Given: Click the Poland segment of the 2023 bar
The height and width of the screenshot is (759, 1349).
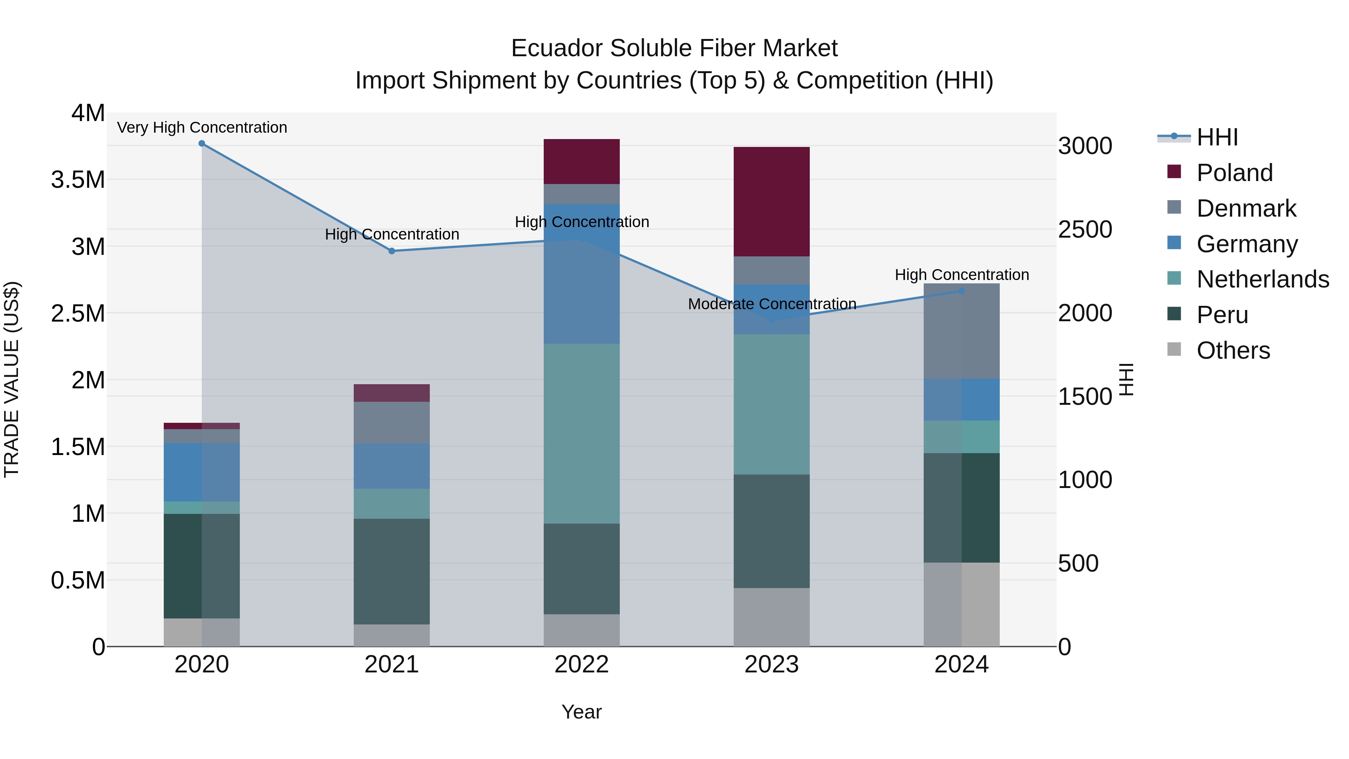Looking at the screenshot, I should click(x=772, y=202).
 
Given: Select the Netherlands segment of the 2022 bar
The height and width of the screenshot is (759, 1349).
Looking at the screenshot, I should click(x=581, y=434).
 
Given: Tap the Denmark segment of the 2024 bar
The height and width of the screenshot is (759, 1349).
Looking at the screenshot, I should click(x=962, y=331).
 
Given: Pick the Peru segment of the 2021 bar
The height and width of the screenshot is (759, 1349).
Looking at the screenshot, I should click(x=392, y=572).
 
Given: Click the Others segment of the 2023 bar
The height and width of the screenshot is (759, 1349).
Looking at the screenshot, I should click(x=772, y=617).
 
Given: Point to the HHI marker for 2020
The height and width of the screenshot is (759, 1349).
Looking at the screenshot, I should click(x=202, y=144).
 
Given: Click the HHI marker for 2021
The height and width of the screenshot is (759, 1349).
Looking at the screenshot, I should click(x=392, y=251).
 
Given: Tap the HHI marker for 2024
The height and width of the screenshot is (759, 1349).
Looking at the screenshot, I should click(x=962, y=291).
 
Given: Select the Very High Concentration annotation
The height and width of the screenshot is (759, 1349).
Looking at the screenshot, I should click(x=202, y=127).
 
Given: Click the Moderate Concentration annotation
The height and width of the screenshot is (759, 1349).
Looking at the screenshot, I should click(x=772, y=304).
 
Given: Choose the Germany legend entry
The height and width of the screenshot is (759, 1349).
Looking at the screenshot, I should click(x=1247, y=244).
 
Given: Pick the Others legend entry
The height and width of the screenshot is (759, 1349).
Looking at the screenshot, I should click(x=1233, y=350).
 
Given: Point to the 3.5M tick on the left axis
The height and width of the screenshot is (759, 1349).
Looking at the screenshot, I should click(x=78, y=180).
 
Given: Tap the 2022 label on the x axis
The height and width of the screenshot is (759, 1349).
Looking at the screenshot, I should click(x=581, y=665).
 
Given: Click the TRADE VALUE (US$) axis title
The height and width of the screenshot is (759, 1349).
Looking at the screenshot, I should click(x=12, y=379).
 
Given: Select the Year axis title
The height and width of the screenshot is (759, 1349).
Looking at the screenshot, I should click(x=581, y=712).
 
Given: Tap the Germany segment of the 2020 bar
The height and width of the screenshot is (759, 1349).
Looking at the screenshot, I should click(x=202, y=472).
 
